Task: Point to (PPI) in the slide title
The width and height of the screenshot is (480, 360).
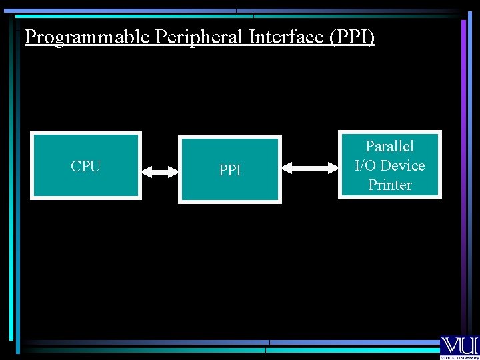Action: [x=352, y=37]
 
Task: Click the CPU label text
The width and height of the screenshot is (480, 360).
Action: [x=85, y=166]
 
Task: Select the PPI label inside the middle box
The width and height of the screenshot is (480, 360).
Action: [x=230, y=171]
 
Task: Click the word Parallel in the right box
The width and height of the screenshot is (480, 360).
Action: [x=390, y=146]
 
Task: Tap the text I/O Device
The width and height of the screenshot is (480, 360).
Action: [x=390, y=165]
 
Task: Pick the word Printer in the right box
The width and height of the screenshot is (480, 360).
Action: [x=390, y=185]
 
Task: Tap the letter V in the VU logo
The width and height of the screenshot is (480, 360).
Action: [x=449, y=345]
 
